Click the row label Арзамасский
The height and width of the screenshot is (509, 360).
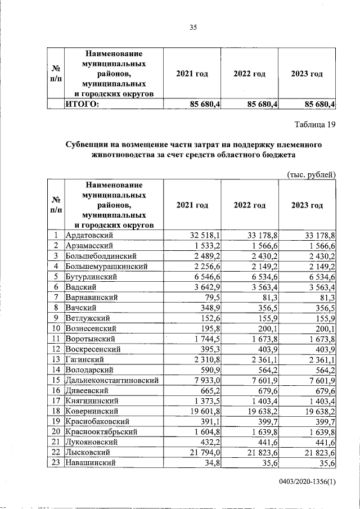(90, 246)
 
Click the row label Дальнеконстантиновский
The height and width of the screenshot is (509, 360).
(112, 380)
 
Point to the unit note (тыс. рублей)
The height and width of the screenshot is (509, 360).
(311, 174)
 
